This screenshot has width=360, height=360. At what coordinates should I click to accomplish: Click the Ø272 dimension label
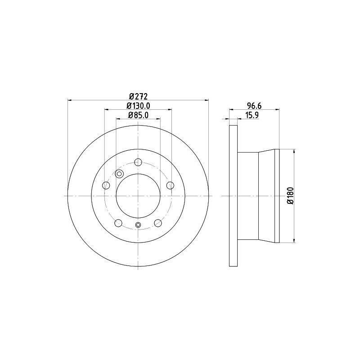click(138, 96)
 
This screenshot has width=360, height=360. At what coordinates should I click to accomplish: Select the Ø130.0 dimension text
click(138, 106)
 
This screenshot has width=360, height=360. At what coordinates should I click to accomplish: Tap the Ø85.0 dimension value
click(138, 115)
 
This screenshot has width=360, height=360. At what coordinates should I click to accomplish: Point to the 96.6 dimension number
click(254, 106)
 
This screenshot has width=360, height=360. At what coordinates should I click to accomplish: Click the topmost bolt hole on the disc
click(138, 162)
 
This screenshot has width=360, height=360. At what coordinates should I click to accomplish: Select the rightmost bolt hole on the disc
click(170, 185)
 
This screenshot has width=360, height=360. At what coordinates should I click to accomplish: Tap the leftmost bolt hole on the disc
click(107, 185)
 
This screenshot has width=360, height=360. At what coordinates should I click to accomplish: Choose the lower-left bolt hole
click(119, 223)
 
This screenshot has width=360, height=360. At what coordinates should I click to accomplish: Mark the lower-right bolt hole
click(158, 223)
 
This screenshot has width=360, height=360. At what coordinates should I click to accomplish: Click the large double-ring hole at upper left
click(120, 174)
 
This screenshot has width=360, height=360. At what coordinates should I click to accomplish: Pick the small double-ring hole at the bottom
click(138, 225)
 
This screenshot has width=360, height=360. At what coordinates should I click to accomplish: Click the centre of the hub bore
click(138, 196)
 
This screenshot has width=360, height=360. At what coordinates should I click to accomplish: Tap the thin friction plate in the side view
click(233, 196)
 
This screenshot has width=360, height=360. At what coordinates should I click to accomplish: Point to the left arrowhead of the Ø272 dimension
click(69, 100)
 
